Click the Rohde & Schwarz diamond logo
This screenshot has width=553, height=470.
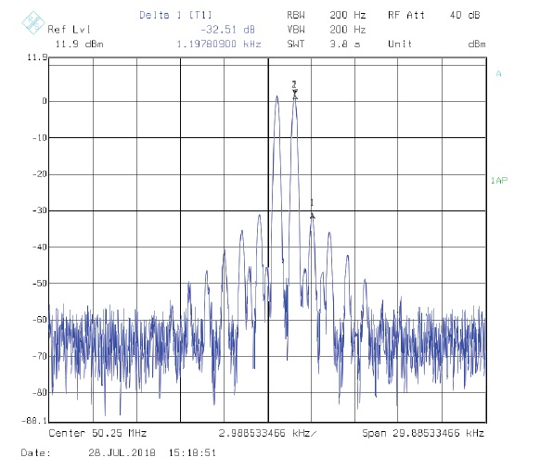click(33, 22)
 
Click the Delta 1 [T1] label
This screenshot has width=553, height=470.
click(176, 15)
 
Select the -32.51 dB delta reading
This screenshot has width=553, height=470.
click(227, 30)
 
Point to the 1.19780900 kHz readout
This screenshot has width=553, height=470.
click(219, 44)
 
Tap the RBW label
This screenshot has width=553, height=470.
click(296, 15)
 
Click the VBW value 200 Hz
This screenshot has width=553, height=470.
click(348, 30)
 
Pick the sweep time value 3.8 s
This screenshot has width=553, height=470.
click(345, 44)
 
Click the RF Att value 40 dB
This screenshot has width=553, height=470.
click(465, 15)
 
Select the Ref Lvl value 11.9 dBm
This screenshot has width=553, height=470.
click(80, 44)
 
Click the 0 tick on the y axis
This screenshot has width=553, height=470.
click(45, 101)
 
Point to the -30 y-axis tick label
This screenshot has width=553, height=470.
click(40, 210)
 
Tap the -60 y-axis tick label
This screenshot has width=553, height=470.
click(40, 320)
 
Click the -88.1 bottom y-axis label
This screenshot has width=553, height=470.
click(34, 421)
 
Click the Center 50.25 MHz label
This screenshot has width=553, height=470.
click(97, 433)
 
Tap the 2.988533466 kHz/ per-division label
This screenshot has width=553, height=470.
click(267, 433)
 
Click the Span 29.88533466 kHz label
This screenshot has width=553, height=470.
click(423, 433)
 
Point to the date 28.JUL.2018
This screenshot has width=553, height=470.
click(122, 452)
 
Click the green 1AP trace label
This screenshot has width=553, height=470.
click(499, 181)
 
